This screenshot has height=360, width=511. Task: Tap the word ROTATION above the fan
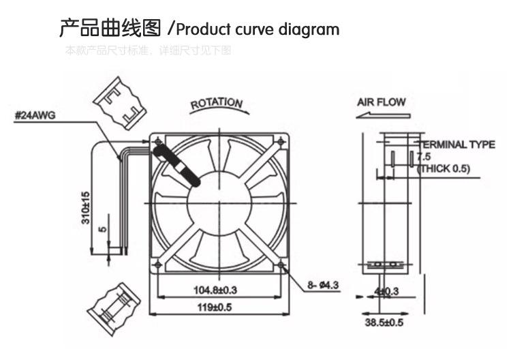coord(216,104)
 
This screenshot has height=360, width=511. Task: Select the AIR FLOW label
coord(382,102)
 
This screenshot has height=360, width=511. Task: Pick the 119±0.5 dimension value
coord(215,307)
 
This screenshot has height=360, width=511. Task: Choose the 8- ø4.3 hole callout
coord(323,286)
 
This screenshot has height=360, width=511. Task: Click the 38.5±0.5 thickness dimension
coord(386,322)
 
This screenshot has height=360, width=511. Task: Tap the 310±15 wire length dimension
coord(86,208)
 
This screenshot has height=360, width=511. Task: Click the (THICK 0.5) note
coord(444,168)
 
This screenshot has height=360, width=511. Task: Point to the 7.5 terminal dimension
coord(423,157)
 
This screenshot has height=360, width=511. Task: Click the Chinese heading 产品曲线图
coord(110,29)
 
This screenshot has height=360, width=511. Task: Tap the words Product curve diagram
coord(258,30)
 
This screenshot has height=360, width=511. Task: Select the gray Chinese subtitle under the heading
coord(148,50)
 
